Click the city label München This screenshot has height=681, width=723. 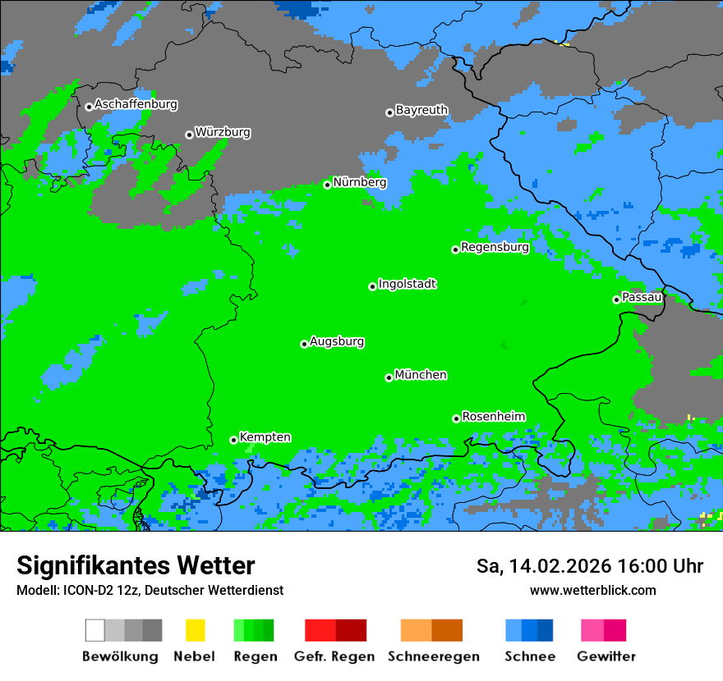[421, 375]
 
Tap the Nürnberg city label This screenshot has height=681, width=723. [360, 182]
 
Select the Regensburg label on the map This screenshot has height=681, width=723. [495, 247]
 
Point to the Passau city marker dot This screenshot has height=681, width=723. [616, 299]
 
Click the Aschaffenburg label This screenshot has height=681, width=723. [136, 104]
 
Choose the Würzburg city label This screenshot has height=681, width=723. [223, 132]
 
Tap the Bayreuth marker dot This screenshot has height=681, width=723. [389, 112]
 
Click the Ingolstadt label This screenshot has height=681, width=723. [408, 284]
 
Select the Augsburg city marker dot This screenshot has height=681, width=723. [304, 344]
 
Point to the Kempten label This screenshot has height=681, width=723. [265, 437]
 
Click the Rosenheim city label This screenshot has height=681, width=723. [493, 417]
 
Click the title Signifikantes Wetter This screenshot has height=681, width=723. [136, 565]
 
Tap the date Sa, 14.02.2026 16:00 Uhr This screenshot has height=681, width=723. [590, 566]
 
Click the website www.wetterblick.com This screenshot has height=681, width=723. [593, 590]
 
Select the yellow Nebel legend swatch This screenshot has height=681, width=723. [195, 630]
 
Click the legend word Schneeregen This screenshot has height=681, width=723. [434, 656]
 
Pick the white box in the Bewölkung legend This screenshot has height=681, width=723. [95, 630]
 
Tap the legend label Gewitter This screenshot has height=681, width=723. [606, 656]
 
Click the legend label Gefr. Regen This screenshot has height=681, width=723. [334, 656]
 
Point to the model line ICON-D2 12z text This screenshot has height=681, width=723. [150, 590]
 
